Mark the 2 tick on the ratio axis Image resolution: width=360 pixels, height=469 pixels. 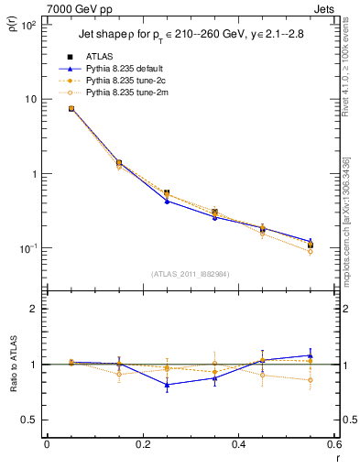point(34,309)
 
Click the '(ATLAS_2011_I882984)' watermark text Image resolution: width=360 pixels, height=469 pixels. point(190,274)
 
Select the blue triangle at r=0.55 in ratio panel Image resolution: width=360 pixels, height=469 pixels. point(311,355)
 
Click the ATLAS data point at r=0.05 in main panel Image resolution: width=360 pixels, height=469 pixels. point(71,109)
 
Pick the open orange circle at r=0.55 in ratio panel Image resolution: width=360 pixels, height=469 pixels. point(311,380)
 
